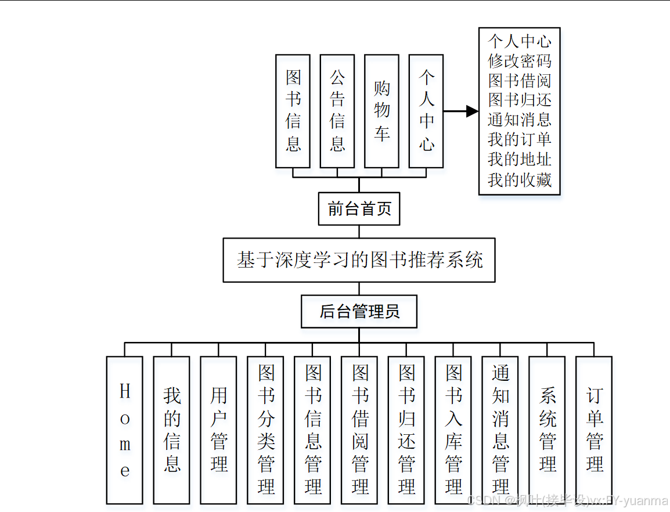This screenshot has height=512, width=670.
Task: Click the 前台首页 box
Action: [x=359, y=209]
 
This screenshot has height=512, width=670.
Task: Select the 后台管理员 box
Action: [x=359, y=312]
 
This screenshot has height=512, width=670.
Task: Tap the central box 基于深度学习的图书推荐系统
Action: [x=359, y=260]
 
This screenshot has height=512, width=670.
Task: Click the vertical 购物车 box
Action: [x=381, y=111]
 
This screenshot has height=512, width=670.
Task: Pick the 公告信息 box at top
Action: [x=337, y=111]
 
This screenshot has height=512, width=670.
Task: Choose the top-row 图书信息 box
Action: [x=293, y=111]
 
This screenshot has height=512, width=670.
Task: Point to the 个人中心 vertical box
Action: [x=426, y=111]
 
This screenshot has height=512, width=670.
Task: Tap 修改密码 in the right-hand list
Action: [x=519, y=61]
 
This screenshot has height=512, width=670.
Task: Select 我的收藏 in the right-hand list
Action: [x=519, y=180]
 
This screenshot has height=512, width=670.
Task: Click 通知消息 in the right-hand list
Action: [x=519, y=120]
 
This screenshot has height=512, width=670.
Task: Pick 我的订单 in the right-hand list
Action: [x=519, y=140]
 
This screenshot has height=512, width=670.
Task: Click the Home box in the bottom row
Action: [x=125, y=430]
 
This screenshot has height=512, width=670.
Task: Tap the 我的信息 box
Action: [x=172, y=430]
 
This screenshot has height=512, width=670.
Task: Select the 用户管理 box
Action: [x=219, y=430]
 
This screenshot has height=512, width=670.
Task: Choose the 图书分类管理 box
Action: [x=266, y=430]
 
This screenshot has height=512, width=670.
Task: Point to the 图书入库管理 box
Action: [x=453, y=430]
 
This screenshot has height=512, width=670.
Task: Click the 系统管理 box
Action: [x=547, y=430]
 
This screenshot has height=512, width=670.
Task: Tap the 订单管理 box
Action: [x=594, y=430]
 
